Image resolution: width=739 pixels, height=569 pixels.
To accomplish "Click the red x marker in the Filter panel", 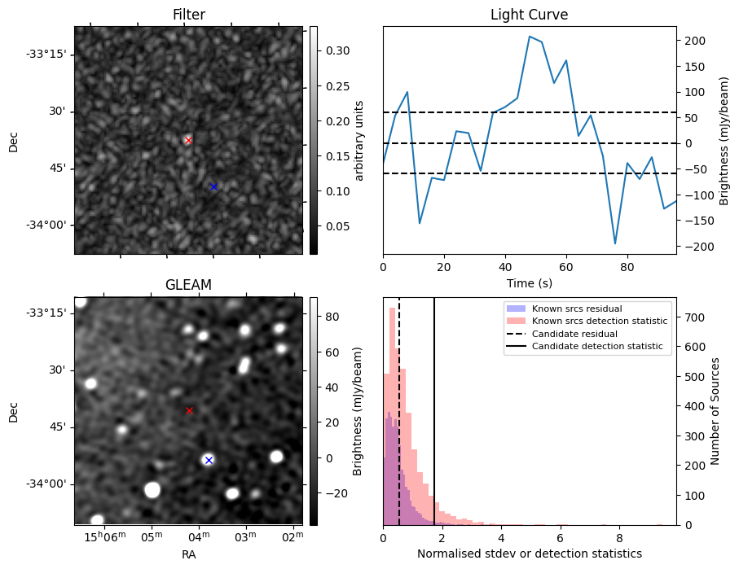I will [x=188, y=140].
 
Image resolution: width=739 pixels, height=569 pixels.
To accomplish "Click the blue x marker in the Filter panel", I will [x=213, y=186].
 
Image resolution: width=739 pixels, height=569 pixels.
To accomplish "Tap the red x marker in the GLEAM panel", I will [x=189, y=410].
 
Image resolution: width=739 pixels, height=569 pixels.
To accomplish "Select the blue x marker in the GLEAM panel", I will [x=209, y=460].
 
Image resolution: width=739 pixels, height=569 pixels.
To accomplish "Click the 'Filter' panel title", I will [x=188, y=15].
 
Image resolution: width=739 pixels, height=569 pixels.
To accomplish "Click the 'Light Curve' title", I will [x=529, y=15].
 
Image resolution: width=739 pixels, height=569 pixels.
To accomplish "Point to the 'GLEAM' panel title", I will [x=188, y=285].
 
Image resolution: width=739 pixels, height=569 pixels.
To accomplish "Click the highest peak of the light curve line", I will [x=530, y=37].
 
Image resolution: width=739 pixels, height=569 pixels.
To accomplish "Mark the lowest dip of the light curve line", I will [x=615, y=243].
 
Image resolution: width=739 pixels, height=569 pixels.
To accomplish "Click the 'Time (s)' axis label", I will [x=529, y=282].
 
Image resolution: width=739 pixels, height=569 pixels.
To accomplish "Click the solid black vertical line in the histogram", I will [x=434, y=407].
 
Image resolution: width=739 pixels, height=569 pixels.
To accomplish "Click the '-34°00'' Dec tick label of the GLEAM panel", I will [x=46, y=484].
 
